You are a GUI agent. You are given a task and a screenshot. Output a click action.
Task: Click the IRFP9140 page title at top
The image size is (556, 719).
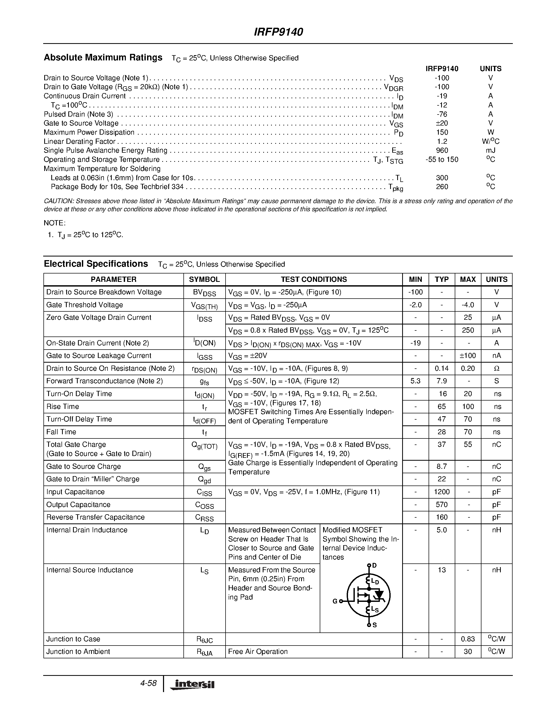pyautogui.click(x=278, y=32)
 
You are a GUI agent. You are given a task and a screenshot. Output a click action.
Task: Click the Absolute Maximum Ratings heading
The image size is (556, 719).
pyautogui.click(x=103, y=58)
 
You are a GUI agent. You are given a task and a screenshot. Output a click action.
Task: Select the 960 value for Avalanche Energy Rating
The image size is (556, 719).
pyautogui.click(x=442, y=150)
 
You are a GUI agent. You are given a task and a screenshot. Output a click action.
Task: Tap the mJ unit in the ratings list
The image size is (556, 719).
pyautogui.click(x=490, y=150)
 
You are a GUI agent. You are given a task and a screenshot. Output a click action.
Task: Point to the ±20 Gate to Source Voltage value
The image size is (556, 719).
pyautogui.click(x=442, y=123)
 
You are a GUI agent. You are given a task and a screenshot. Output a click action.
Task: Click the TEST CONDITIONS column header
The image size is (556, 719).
pyautogui.click(x=313, y=279)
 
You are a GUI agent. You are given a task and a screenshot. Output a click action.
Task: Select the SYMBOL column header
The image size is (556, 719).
pyautogui.click(x=204, y=279)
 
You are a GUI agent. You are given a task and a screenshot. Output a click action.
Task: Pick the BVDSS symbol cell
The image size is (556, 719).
pyautogui.click(x=204, y=293)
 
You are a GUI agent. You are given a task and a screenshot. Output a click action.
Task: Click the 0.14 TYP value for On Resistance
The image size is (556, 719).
pyautogui.click(x=441, y=368)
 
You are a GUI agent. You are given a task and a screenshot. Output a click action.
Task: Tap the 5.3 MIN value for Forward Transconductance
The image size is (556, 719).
pyautogui.click(x=415, y=381)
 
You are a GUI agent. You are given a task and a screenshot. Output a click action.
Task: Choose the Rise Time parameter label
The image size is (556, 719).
pyautogui.click(x=63, y=407)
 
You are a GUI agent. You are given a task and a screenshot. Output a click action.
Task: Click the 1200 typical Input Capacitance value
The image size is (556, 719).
pyautogui.click(x=441, y=492)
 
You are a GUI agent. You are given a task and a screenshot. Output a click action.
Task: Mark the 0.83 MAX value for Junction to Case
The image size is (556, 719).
pyautogui.click(x=468, y=639)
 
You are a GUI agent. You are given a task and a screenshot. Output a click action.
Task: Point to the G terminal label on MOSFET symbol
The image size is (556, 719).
pyautogui.click(x=335, y=601)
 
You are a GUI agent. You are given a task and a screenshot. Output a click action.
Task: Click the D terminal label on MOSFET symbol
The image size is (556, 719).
pyautogui.click(x=374, y=566)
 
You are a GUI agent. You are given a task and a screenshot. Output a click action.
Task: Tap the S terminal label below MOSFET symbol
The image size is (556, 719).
pyautogui.click(x=374, y=625)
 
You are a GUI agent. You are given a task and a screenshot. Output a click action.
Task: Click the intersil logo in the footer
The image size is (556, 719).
pyautogui.click(x=192, y=685)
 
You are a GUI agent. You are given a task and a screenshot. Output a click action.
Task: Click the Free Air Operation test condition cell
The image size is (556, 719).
pyautogui.click(x=257, y=652)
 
